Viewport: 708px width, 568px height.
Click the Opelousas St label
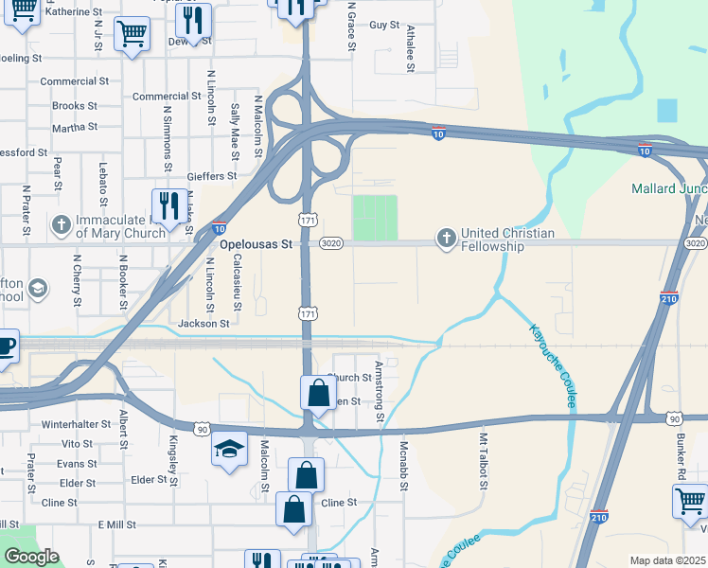click(x=256, y=244)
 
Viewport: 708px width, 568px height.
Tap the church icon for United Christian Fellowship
click(x=446, y=238)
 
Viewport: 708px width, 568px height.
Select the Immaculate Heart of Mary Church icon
click(x=62, y=225)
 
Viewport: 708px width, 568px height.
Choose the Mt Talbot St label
click(x=483, y=461)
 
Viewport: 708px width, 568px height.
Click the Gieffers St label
click(x=212, y=176)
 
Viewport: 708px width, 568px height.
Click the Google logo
click(x=31, y=557)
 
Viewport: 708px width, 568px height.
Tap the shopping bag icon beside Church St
click(x=319, y=392)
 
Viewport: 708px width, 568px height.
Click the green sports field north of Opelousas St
click(x=375, y=218)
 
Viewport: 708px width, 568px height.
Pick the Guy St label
click(x=383, y=25)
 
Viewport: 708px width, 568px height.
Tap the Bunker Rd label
click(x=681, y=457)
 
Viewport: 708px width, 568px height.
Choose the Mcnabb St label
click(x=402, y=467)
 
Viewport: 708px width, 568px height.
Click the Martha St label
click(x=75, y=127)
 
